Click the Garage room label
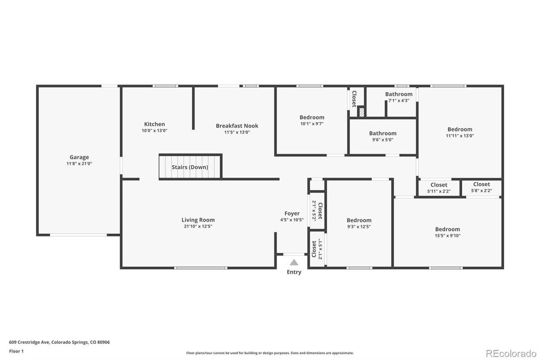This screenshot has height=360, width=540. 79,157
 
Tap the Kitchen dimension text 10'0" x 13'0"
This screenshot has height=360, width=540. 154,131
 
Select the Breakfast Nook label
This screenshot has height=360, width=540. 237,126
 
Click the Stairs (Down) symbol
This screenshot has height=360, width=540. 190,167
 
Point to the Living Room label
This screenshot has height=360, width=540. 198,220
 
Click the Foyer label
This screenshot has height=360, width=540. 292,214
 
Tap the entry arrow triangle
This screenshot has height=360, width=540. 294,262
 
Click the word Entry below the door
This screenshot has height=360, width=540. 294,272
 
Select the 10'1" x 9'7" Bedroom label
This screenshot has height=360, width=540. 312,117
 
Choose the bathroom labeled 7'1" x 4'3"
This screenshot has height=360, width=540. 399,94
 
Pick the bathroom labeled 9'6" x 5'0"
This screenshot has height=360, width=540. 383,133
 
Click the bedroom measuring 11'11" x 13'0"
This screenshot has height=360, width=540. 459,129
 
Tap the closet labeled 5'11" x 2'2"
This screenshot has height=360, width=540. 438,185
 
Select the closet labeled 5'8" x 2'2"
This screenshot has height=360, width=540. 481,184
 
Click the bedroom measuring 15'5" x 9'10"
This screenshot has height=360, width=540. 447,229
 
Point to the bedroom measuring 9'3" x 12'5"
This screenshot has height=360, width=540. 359,220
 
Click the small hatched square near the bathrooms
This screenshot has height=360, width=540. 361,112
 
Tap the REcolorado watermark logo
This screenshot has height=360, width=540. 511,353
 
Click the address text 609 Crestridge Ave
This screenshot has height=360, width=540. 30,342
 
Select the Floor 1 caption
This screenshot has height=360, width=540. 16,351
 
